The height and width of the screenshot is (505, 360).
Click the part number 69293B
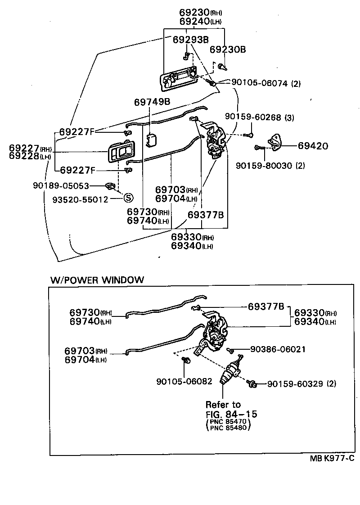tap(190, 40)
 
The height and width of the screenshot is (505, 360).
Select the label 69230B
tap(228, 50)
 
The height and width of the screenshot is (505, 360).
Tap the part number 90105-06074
tap(259, 83)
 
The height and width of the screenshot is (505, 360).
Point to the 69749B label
tap(152, 102)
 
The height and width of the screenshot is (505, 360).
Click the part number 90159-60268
tap(253, 117)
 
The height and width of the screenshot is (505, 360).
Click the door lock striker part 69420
tap(275, 142)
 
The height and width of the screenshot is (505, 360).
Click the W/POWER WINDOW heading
tap(97, 280)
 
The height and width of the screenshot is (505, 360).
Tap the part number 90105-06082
tap(184, 381)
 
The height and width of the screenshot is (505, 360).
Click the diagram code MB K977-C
tap(332, 458)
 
